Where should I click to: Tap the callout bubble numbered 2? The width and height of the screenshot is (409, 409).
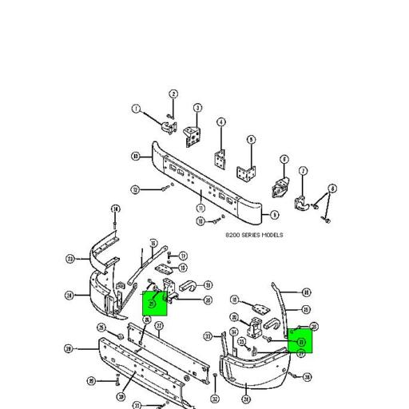(173, 95)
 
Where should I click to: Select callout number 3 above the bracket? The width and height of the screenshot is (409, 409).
(197, 108)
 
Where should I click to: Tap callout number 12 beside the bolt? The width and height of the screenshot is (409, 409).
(135, 189)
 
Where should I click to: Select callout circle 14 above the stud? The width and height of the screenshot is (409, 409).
(115, 209)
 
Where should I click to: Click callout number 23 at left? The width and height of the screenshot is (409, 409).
(70, 259)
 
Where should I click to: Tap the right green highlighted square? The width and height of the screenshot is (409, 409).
(300, 340)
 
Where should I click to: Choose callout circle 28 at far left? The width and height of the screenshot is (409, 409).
(68, 348)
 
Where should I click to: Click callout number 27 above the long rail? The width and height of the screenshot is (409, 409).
(159, 326)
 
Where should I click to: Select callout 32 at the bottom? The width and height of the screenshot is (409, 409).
(215, 399)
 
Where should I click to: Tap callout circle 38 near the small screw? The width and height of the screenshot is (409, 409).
(308, 377)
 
